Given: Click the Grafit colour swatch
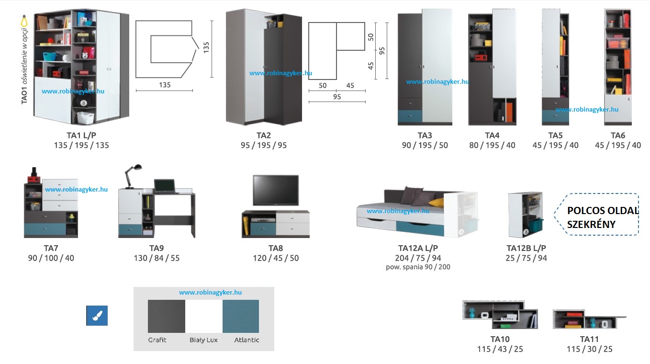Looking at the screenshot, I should [x=166, y=316].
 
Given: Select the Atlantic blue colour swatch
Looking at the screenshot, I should [x=241, y=316].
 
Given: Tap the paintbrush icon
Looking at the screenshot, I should [x=97, y=316].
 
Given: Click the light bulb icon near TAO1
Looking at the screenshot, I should [x=23, y=22].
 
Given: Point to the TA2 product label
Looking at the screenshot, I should [x=264, y=136].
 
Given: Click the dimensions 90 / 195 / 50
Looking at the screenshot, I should [x=425, y=145].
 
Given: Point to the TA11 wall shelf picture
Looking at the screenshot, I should [x=588, y=319].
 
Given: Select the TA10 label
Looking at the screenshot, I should [x=500, y=339].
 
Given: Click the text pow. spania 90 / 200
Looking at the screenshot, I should [x=418, y=267].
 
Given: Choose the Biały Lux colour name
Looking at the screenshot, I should [x=203, y=340].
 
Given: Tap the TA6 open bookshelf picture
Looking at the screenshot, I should [x=618, y=67].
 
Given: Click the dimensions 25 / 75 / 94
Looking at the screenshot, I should [x=526, y=258].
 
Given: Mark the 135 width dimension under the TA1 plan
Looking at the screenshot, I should [x=165, y=85].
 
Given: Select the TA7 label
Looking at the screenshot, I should [x=51, y=248].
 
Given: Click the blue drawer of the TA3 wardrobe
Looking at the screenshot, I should [x=410, y=116].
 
